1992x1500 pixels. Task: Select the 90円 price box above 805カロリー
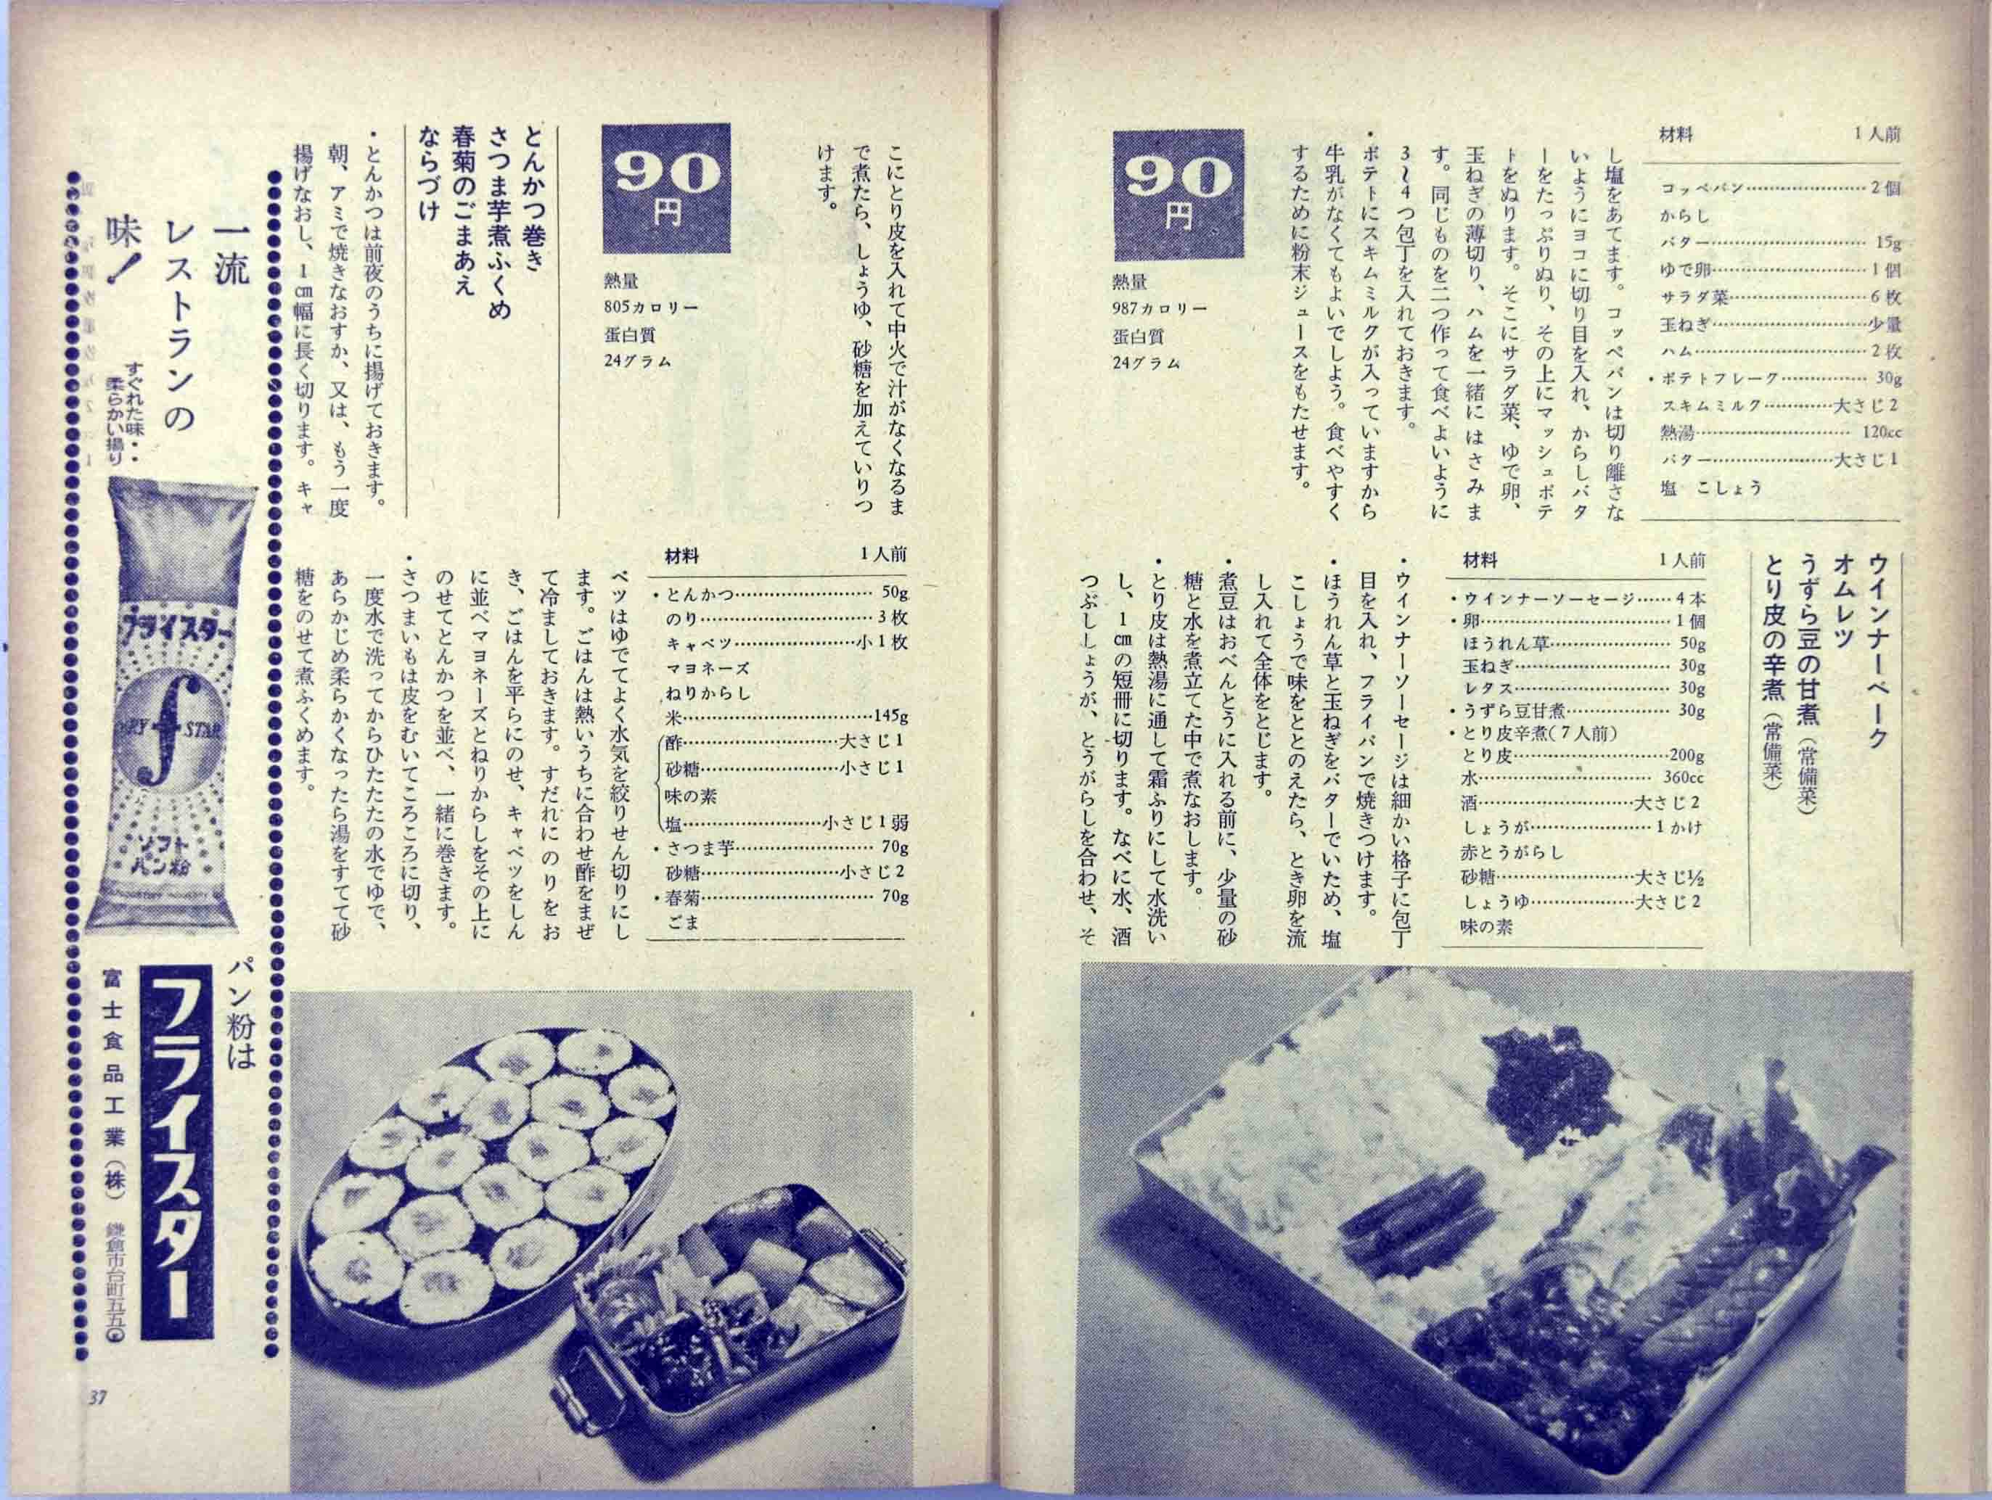(666, 186)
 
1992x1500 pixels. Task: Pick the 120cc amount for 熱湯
(1880, 433)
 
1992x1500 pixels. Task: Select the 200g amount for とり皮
(1686, 757)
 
